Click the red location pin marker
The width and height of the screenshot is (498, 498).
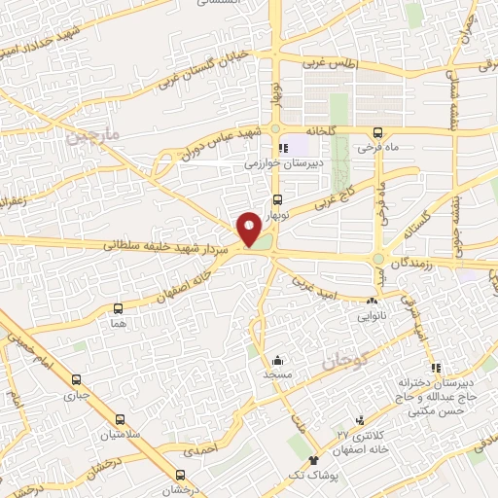250,231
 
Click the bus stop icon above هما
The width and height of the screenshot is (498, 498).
119,308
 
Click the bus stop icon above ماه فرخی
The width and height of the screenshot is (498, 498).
378,133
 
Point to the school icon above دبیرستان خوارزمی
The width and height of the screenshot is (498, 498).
283,149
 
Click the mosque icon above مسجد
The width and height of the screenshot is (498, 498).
277,359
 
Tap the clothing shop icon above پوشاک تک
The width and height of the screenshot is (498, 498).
313,460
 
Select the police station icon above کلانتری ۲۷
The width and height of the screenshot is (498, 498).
362,420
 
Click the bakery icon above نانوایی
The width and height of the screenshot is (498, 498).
373,302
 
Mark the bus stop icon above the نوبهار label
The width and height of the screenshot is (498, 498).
275,201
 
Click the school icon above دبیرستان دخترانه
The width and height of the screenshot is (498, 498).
437,368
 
